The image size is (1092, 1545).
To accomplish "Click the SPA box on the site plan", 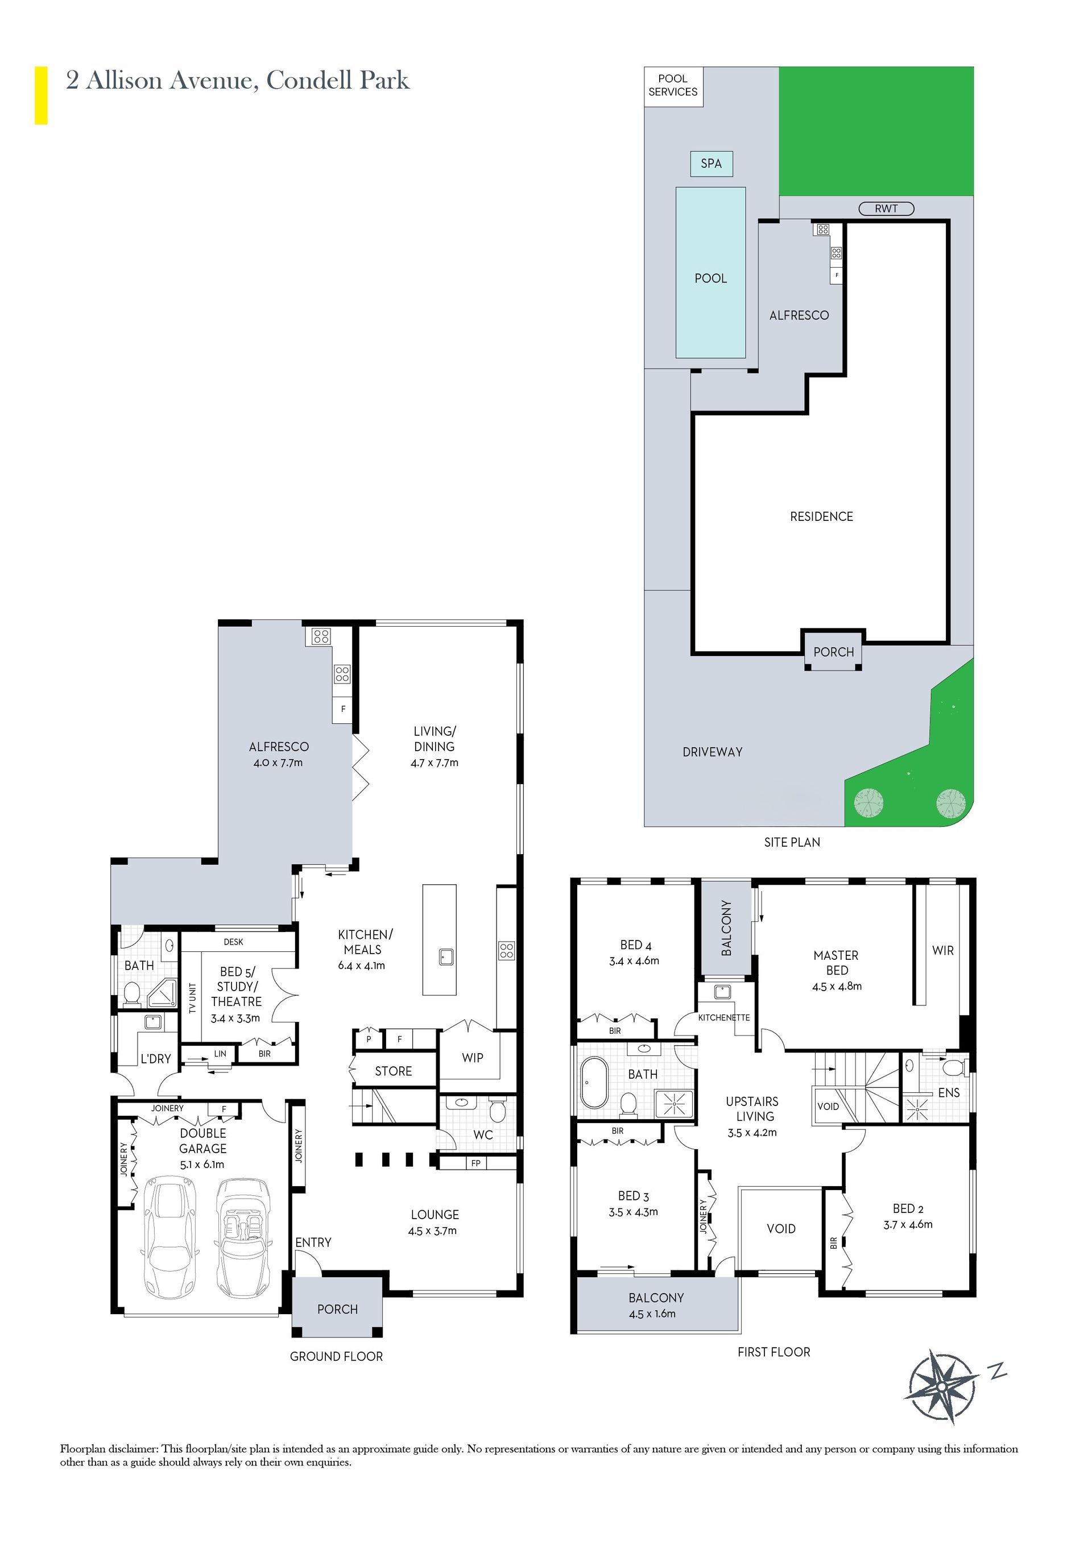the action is click(711, 164).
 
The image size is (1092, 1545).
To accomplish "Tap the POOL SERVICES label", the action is click(673, 85).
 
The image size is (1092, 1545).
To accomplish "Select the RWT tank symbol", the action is click(886, 209).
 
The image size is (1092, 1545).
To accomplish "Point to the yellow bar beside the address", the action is click(41, 95).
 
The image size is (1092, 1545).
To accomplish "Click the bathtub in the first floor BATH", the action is click(594, 1083).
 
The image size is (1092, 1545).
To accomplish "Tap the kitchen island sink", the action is click(446, 956).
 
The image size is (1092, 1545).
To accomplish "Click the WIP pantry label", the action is click(473, 1058).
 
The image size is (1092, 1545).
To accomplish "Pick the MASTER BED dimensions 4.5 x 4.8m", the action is click(836, 987).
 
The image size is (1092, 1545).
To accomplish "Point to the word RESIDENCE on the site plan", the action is click(821, 516).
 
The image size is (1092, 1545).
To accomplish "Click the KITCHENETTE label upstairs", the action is click(724, 1017).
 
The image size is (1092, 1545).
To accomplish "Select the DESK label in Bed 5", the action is click(234, 942).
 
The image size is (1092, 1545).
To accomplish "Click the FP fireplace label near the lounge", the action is click(476, 1163).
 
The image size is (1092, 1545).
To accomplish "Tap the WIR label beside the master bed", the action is click(942, 950).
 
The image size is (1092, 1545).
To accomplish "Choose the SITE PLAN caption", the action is click(792, 842).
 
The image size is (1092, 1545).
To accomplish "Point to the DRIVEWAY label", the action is click(712, 752).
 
